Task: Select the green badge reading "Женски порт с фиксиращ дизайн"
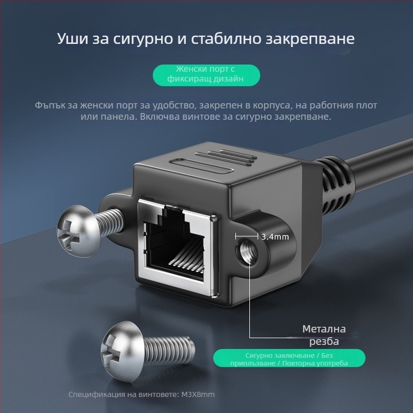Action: (x=206, y=74)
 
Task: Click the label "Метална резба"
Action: (x=324, y=335)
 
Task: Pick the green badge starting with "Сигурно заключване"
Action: (x=289, y=358)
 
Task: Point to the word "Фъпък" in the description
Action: (x=50, y=105)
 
